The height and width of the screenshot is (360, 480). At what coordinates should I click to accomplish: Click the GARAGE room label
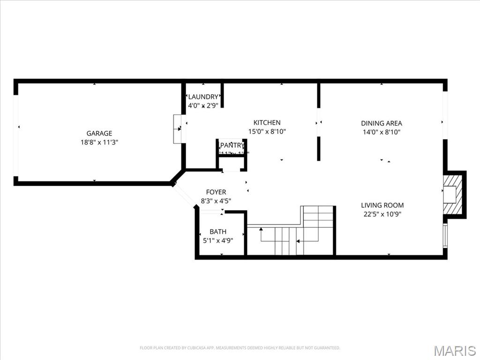pyautogui.click(x=99, y=133)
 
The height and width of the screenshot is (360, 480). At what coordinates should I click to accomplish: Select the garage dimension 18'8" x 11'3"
pyautogui.click(x=99, y=142)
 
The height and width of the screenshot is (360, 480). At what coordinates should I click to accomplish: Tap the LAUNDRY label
pyautogui.click(x=203, y=97)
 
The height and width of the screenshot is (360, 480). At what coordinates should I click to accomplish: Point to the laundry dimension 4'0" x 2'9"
pyautogui.click(x=203, y=106)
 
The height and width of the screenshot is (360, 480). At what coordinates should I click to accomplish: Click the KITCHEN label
pyautogui.click(x=267, y=123)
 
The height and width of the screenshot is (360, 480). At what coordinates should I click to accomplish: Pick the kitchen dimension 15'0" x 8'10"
pyautogui.click(x=267, y=132)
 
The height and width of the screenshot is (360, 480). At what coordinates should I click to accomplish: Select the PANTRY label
pyautogui.click(x=232, y=145)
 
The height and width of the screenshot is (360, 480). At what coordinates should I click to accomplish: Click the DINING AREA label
pyautogui.click(x=382, y=123)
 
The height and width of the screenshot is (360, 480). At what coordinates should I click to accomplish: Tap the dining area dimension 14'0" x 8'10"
pyautogui.click(x=382, y=132)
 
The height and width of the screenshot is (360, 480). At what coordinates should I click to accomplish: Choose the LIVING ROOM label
pyautogui.click(x=382, y=205)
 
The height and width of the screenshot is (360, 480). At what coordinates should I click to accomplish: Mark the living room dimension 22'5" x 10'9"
pyautogui.click(x=382, y=214)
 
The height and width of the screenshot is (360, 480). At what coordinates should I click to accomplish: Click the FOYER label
pyautogui.click(x=216, y=192)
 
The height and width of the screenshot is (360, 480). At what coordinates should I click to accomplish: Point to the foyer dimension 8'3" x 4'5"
pyautogui.click(x=216, y=201)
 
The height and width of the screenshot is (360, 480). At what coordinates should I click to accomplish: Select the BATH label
pyautogui.click(x=218, y=232)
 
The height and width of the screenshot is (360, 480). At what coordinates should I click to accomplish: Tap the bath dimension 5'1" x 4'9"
pyautogui.click(x=218, y=240)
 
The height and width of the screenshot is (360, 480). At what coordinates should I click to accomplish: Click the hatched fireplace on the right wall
pyautogui.click(x=454, y=194)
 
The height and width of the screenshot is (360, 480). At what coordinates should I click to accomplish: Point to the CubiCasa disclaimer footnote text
pyautogui.click(x=240, y=348)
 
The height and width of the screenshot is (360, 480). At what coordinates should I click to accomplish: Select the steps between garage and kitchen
pyautogui.click(x=178, y=129)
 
